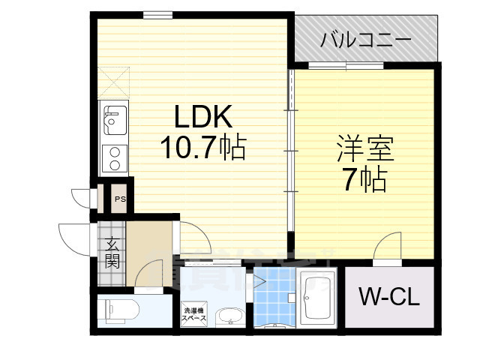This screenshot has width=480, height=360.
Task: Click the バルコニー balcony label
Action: pos(365,38)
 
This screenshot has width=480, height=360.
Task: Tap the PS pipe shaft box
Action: pos(119,199)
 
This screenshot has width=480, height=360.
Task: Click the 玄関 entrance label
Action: pos(111,252)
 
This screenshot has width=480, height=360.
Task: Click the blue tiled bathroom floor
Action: pos(275,300)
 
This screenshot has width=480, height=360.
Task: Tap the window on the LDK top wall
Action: pos(154,14)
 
